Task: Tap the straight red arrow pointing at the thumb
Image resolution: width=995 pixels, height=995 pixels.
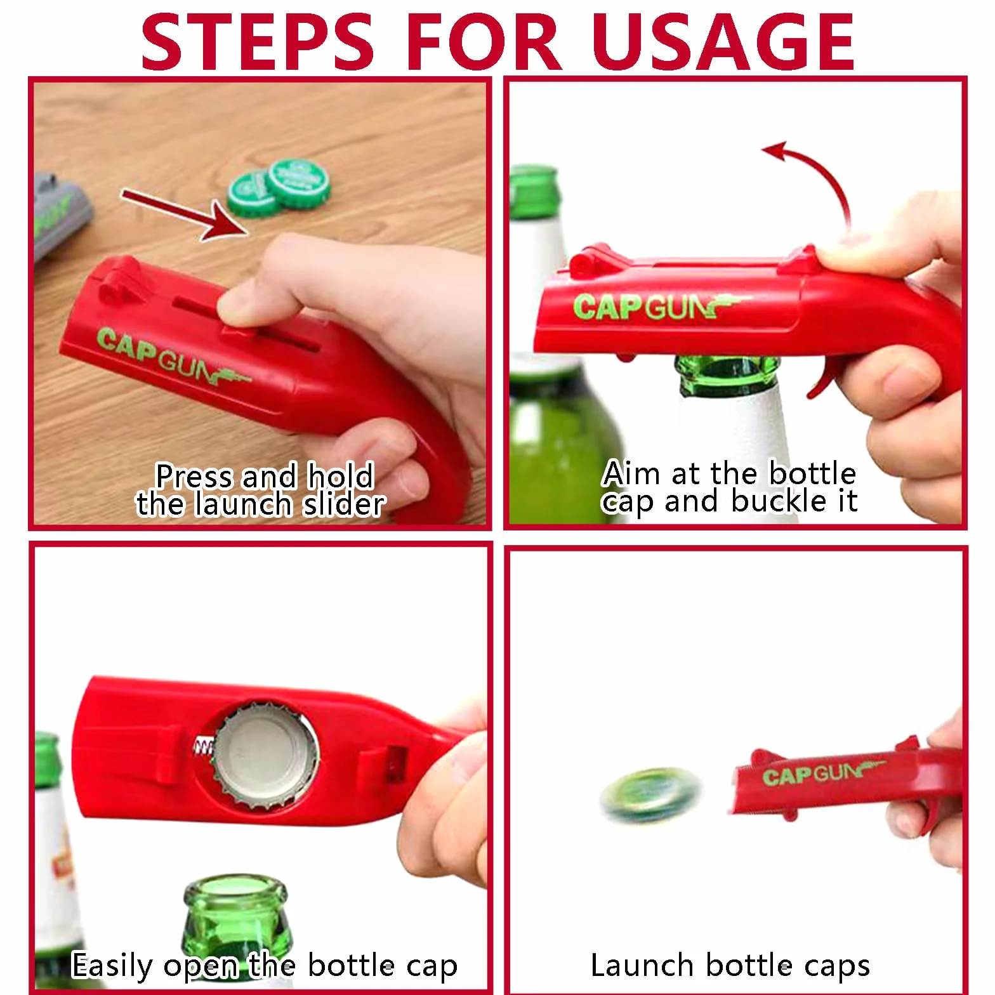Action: coord(185,214)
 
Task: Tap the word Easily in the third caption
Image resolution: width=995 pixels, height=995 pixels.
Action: coord(112,966)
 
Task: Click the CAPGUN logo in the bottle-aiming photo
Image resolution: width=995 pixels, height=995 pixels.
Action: coord(660,306)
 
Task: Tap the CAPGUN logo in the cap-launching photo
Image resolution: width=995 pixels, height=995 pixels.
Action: coord(822,774)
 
